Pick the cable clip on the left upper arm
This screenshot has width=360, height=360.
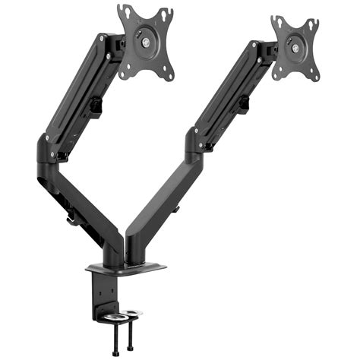pyautogui.click(x=97, y=106)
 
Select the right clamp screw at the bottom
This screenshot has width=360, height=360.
pyautogui.click(x=134, y=339)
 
